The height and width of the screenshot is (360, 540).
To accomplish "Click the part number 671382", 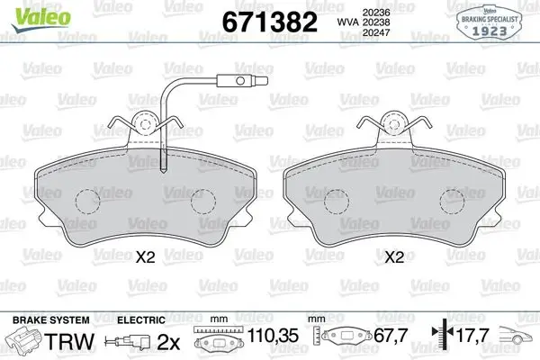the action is click(269, 22).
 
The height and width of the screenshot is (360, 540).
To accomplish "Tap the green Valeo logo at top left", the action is click(40, 19).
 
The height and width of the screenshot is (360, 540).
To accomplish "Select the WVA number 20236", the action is click(376, 13).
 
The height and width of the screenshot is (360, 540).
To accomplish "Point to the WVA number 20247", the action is click(376, 32).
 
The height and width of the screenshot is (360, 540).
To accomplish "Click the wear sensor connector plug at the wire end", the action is click(242, 81).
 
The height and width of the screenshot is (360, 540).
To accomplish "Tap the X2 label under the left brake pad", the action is click(145, 257).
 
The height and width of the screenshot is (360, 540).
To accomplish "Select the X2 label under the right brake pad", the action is click(394, 257).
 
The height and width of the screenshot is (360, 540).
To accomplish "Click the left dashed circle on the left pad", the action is click(88, 202).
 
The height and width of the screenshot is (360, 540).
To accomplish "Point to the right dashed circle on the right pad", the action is click(452, 202).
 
